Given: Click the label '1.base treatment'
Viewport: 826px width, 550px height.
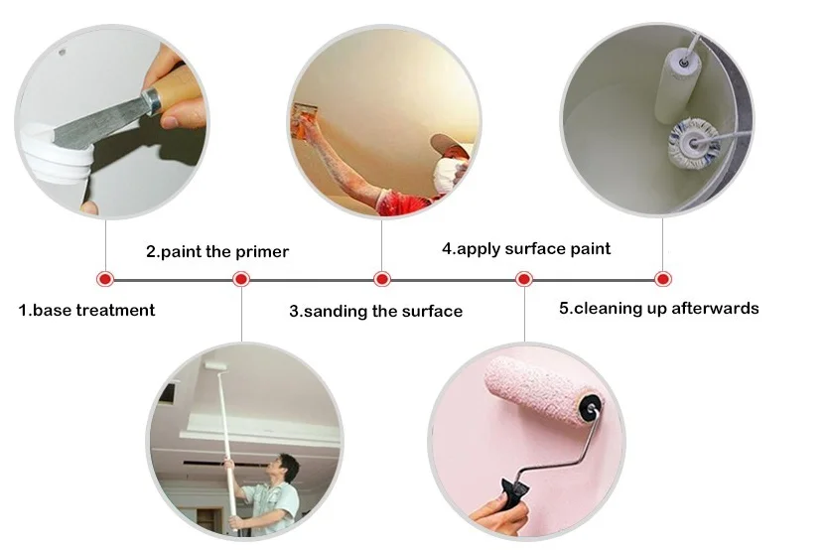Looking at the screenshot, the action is point(87,310).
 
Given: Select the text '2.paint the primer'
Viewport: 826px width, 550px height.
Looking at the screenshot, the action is point(217,252).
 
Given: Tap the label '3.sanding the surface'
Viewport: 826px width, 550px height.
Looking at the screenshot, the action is point(375,311).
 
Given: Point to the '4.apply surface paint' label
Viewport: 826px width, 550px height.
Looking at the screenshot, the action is point(526,248).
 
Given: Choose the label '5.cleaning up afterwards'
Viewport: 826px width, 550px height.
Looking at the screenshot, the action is point(659,308).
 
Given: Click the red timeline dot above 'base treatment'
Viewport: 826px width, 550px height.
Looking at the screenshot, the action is point(105,279).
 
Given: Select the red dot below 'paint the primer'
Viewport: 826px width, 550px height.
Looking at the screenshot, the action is point(241,279).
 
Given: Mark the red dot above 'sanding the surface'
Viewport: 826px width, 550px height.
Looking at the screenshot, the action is point(382,279).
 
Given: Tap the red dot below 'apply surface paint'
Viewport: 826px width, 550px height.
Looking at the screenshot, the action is point(523,279).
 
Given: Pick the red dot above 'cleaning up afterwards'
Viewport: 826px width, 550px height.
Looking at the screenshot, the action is point(663,279).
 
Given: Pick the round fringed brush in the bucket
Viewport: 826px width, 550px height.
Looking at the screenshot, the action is point(693,143).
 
